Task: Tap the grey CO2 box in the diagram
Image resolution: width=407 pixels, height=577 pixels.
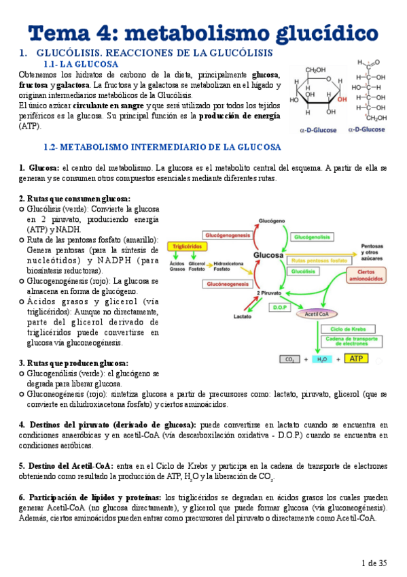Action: point(289,359)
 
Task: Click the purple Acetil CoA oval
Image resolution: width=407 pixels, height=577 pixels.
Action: point(317,314)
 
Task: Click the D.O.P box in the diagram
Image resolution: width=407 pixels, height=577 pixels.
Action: point(281,307)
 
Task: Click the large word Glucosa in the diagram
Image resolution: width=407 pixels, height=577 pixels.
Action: point(268,254)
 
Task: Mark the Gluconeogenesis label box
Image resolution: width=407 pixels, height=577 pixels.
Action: point(226,284)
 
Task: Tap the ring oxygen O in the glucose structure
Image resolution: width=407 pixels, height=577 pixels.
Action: point(330,80)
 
